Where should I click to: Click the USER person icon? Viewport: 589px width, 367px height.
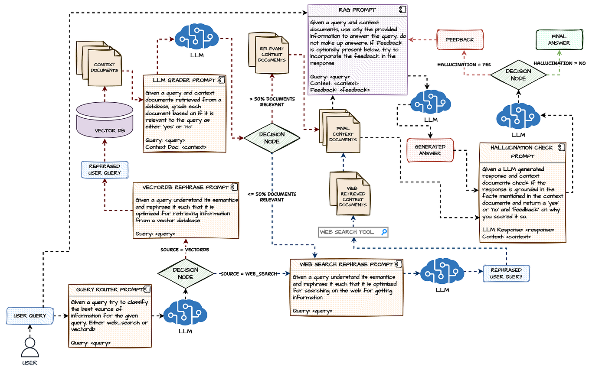(x=29, y=347)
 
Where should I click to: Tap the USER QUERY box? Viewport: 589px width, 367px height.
(x=29, y=315)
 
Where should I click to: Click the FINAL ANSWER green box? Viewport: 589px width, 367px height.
(x=559, y=39)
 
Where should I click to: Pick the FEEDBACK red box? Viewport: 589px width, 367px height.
(x=460, y=39)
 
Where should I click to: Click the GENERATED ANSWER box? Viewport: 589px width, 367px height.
(x=430, y=150)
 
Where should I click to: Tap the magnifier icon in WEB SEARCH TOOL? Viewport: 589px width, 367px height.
(x=383, y=232)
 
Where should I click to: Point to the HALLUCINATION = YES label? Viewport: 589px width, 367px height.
(x=464, y=64)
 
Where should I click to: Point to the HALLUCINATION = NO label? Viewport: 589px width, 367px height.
(x=559, y=63)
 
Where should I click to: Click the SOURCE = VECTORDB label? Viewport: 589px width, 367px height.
(x=185, y=250)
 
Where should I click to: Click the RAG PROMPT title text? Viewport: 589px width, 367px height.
(x=357, y=10)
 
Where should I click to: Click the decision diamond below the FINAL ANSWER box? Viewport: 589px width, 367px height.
(x=518, y=75)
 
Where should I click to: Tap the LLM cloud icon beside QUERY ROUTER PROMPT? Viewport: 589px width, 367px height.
(x=185, y=314)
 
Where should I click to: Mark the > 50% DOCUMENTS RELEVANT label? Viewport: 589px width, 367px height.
(x=272, y=102)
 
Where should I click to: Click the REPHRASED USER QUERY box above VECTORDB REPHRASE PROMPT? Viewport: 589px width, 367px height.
(x=105, y=169)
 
